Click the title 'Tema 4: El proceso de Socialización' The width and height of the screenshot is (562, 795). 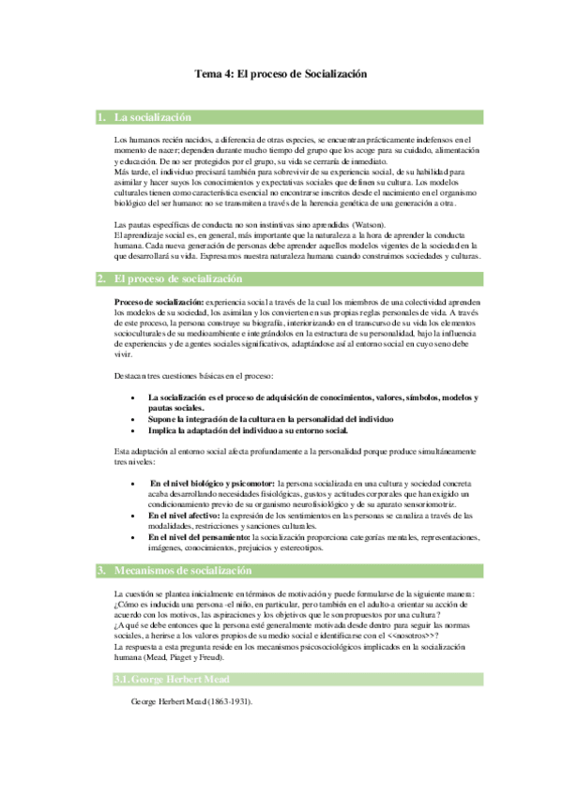click(x=281, y=74)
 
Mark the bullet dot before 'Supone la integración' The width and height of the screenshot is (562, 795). click(x=136, y=419)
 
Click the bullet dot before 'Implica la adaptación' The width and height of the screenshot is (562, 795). click(x=136, y=430)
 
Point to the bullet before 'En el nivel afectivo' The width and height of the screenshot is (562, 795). click(x=136, y=516)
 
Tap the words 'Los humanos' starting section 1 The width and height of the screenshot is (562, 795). click(x=132, y=139)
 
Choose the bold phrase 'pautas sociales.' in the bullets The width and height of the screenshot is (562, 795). click(x=176, y=409)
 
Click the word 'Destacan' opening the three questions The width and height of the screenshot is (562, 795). click(x=129, y=376)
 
